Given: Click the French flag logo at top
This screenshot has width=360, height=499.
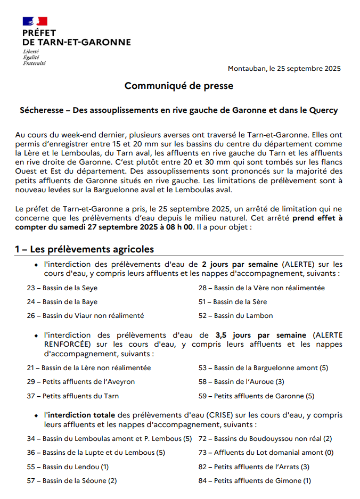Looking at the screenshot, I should tap(35, 21).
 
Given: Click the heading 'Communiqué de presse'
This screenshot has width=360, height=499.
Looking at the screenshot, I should tap(179, 86).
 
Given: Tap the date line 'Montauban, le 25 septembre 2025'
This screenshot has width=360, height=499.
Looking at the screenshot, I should tap(284, 68).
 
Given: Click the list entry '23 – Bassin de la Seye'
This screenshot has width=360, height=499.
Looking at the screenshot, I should tap(62, 288).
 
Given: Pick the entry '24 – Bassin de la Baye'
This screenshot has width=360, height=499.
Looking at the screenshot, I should tap(62, 302).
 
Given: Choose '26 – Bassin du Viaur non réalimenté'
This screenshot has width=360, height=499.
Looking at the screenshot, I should tap(85, 316).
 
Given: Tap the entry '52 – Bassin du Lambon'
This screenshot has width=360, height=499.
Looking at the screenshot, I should tap(235, 316).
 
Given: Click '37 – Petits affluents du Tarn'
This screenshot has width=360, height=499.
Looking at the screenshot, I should tap(72, 396).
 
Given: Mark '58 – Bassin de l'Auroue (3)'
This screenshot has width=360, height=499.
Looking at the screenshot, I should tap(241, 382).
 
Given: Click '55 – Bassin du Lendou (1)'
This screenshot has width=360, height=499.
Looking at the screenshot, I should tap(68, 467).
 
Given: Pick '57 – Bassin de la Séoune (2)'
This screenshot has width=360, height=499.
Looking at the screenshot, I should tap(72, 481).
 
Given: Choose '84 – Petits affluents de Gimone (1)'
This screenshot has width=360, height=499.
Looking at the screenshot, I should tap(255, 481).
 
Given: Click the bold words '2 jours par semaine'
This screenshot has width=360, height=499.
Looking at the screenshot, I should tap(240, 264).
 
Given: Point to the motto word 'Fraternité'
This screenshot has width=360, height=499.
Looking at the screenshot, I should tap(34, 63).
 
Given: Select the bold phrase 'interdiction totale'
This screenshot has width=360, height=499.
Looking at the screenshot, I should tap(80, 415).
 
